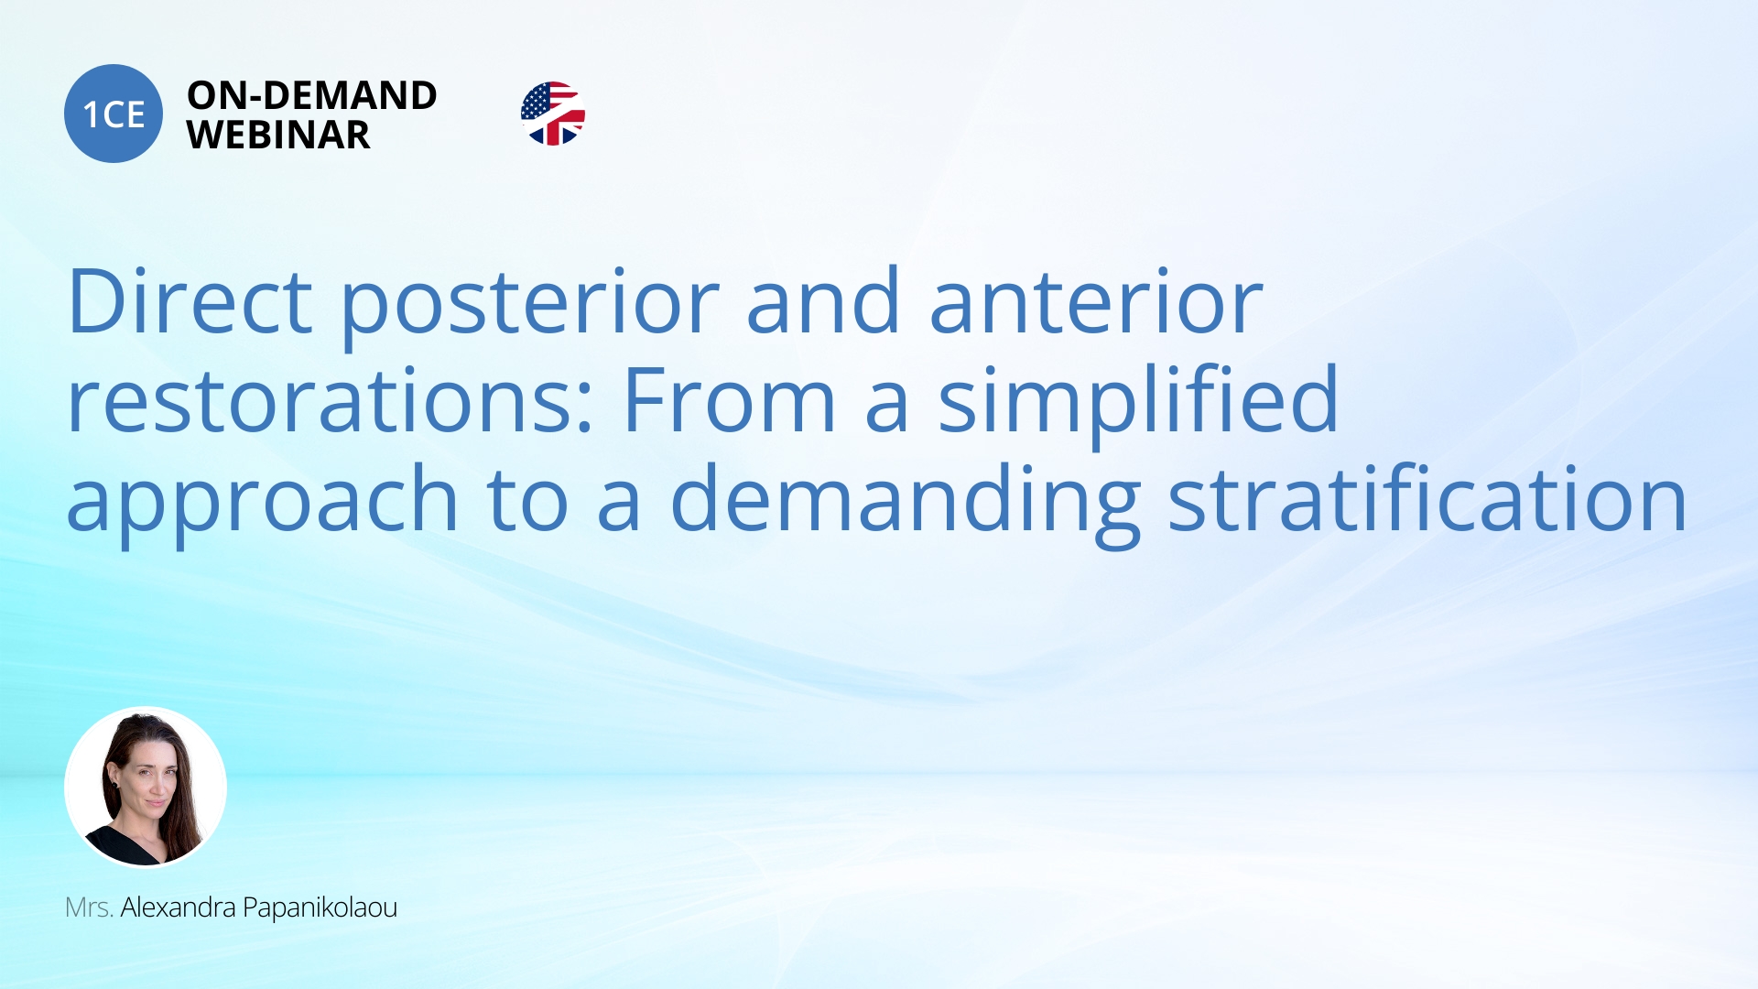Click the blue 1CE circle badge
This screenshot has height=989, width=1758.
[x=114, y=114]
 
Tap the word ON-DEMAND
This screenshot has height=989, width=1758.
[x=311, y=95]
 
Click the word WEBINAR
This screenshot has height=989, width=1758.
[x=278, y=136]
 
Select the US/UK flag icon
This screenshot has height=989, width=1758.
[x=553, y=114]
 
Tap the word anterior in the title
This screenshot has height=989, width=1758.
[x=1096, y=302]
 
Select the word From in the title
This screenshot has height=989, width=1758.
[x=729, y=401]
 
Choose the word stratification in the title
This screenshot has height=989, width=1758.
[x=1427, y=500]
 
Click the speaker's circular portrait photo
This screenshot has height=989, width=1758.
[x=146, y=787]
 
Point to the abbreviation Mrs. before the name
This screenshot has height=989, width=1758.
[x=89, y=907]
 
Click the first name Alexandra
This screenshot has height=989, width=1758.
[x=179, y=907]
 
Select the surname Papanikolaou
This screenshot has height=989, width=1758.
[x=320, y=907]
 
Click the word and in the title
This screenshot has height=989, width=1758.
[x=823, y=302]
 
